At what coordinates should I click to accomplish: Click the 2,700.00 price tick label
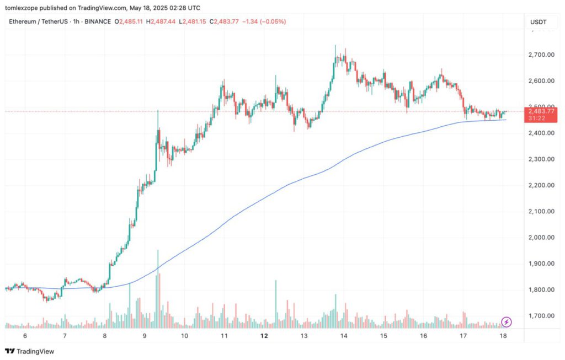point(540,55)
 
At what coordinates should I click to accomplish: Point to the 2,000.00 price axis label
point(540,238)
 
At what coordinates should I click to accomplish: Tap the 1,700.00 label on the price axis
point(540,316)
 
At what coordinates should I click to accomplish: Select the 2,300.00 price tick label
point(540,159)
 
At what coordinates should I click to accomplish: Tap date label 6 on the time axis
point(24,336)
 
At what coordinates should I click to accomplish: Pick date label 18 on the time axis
point(503,336)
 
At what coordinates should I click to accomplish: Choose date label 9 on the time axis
point(144,336)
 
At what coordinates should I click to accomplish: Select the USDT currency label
point(538,22)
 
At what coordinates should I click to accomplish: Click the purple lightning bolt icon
point(507,322)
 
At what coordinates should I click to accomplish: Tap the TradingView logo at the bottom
point(30,351)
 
